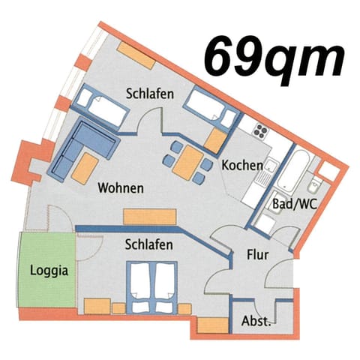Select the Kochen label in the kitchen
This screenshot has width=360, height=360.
click(x=241, y=165)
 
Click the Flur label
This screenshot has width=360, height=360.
click(x=257, y=254)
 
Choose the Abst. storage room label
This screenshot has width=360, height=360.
click(x=256, y=321)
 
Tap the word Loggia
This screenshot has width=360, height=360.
click(x=46, y=271)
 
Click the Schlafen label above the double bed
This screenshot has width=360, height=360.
click(x=149, y=244)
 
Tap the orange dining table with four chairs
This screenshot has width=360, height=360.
click(x=186, y=160)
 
